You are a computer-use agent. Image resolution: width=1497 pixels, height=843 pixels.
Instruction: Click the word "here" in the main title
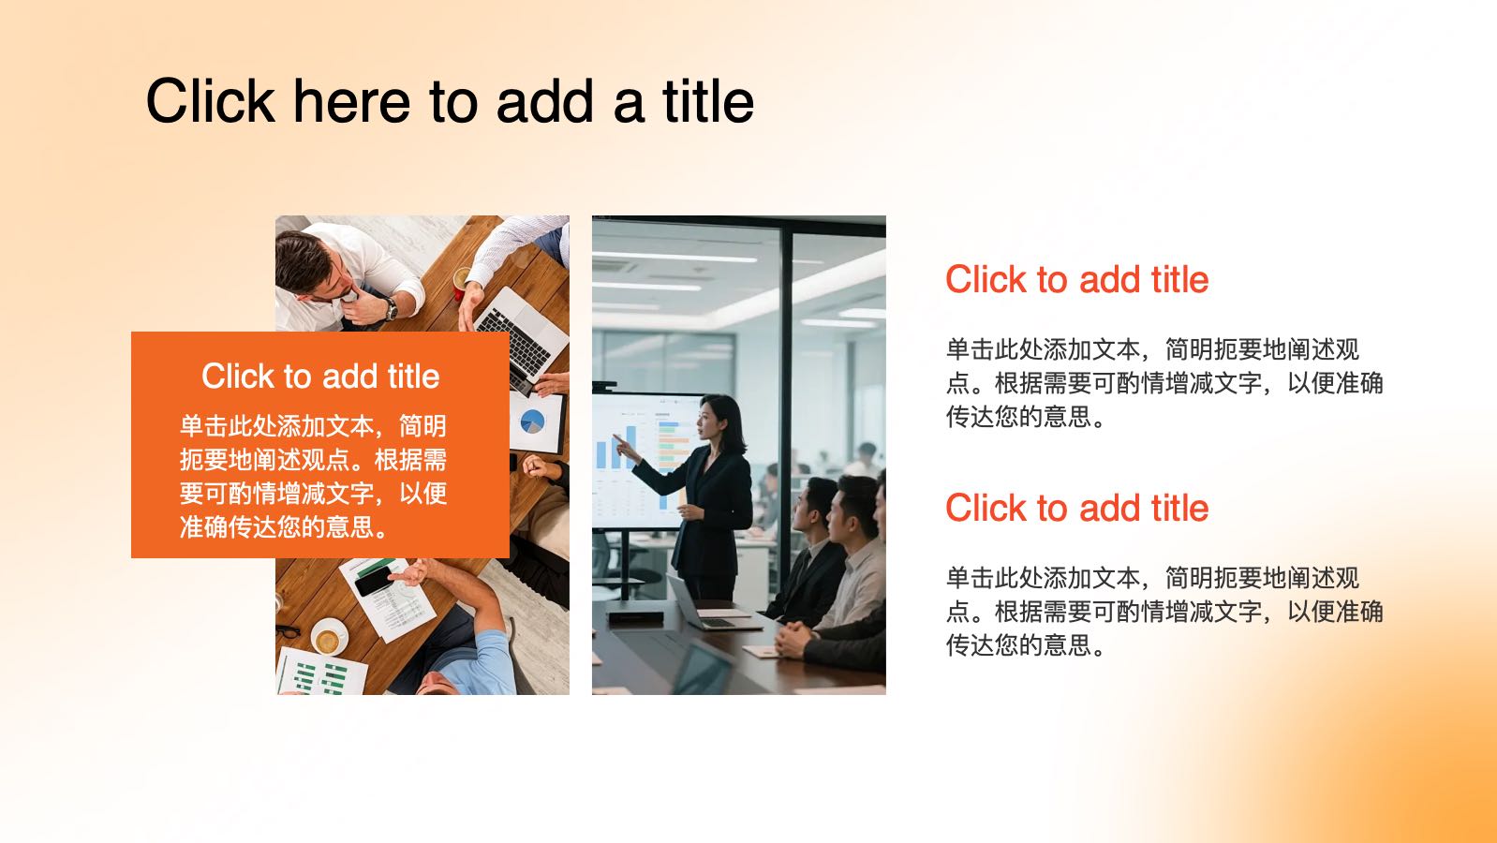[x=351, y=101]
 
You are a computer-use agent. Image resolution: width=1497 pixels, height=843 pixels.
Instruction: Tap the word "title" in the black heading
[x=708, y=101]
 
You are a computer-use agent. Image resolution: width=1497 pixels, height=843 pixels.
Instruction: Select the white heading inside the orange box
[x=320, y=377]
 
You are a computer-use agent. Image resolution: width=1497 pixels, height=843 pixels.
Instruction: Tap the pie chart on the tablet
[x=533, y=421]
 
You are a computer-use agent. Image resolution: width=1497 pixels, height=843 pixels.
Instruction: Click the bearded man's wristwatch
[x=391, y=308]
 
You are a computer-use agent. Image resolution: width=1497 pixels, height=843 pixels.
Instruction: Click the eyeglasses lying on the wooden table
[x=289, y=630]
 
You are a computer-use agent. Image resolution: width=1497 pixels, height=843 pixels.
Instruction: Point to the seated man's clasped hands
[x=794, y=639]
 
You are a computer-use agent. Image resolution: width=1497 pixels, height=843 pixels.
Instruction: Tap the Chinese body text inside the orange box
[x=313, y=476]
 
